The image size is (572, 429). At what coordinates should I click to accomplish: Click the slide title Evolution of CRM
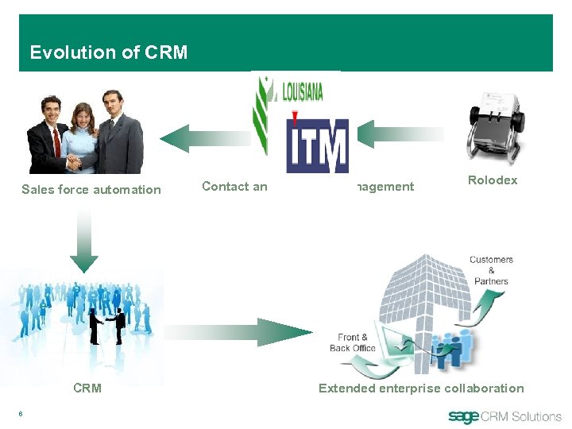coord(109,52)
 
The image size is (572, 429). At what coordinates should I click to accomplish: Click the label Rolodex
coord(493,180)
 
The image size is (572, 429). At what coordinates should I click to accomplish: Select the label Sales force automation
coord(91,189)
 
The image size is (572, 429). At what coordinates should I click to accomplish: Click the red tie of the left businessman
coord(56,142)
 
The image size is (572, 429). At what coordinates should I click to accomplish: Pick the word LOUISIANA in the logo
coord(303,91)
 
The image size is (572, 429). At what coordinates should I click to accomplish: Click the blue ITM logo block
coord(317,146)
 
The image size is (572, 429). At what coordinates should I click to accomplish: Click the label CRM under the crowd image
coord(87,388)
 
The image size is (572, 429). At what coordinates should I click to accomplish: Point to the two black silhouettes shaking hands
coord(107,325)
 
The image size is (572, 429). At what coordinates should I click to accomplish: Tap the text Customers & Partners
coord(491,270)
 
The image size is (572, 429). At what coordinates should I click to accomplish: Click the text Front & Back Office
coord(351,342)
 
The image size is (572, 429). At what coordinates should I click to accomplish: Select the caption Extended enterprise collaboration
coord(421,388)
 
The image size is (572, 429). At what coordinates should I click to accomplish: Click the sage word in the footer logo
coord(465,416)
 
